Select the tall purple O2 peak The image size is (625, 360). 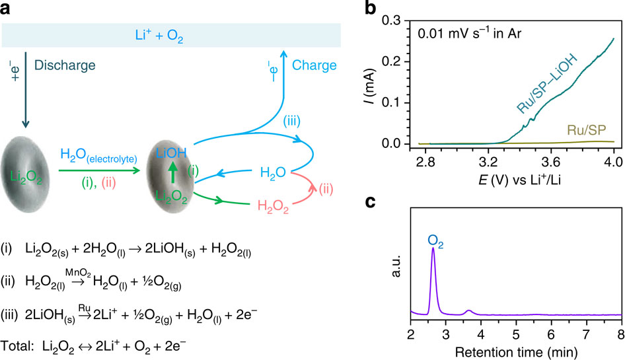click(433, 277)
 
